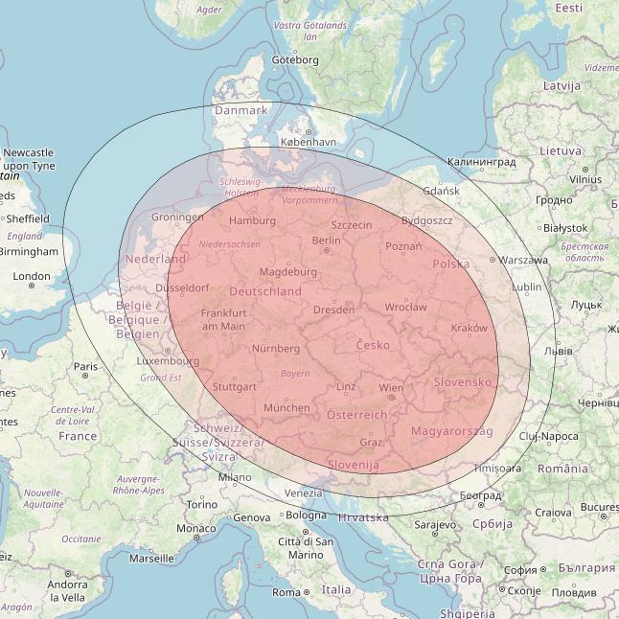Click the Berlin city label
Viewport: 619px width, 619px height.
tap(327, 241)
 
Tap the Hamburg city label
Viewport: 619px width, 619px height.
tap(252, 221)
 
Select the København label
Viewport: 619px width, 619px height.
tap(309, 142)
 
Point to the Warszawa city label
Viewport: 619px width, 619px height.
tap(523, 260)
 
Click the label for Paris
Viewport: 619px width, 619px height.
tap(86, 366)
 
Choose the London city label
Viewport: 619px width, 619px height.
tap(32, 277)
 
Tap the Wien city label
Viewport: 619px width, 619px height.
tap(391, 388)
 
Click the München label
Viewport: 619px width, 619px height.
tap(287, 407)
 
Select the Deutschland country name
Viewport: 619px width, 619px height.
tap(265, 291)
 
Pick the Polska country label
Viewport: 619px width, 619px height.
tap(450, 264)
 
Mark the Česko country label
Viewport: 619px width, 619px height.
tap(373, 345)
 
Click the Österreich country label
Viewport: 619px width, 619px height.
tap(356, 415)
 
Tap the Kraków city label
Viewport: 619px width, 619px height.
tap(469, 328)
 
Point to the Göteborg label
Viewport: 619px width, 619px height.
tap(294, 59)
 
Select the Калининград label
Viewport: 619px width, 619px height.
tap(481, 162)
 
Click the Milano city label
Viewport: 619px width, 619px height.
tap(234, 476)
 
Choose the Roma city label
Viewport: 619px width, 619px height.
tap(287, 592)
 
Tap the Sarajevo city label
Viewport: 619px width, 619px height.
tap(435, 525)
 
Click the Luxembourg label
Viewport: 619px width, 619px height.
tap(168, 361)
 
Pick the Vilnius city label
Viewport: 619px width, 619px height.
tap(585, 179)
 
